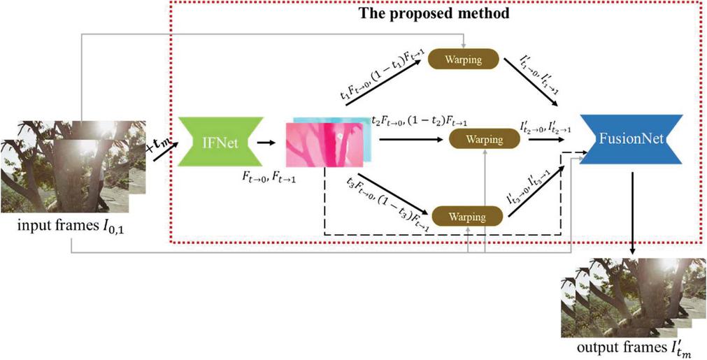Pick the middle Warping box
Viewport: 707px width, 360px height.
point(485,140)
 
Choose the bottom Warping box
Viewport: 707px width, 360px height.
point(469,217)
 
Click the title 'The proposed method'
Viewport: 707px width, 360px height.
point(434,14)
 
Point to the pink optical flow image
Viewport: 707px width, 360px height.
point(325,143)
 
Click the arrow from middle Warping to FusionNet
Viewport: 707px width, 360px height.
point(549,140)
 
